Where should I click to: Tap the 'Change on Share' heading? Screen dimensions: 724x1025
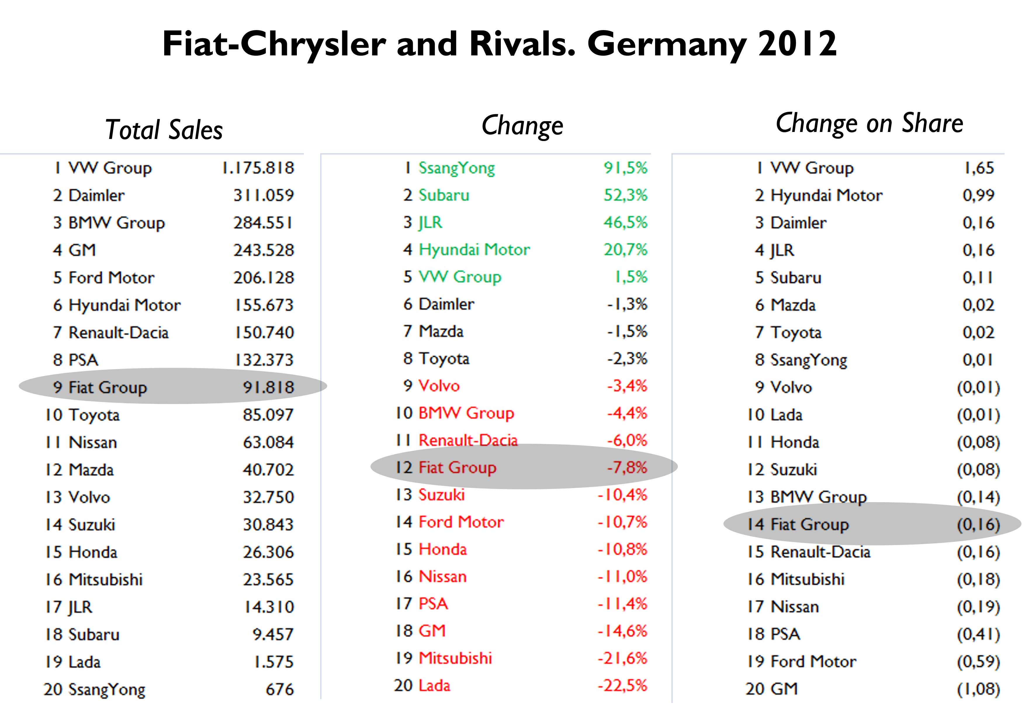click(869, 123)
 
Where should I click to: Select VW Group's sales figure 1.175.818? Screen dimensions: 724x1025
click(258, 168)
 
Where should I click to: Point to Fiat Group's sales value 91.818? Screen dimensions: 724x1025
click(268, 387)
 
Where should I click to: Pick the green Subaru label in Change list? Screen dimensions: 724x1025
click(444, 195)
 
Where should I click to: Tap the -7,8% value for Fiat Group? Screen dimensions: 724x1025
click(627, 467)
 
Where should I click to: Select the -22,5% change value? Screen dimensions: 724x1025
click(622, 685)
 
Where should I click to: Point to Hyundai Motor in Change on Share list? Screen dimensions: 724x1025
click(826, 195)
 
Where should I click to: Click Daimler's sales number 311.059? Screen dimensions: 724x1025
click(263, 195)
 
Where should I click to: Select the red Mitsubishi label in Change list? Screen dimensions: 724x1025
click(455, 658)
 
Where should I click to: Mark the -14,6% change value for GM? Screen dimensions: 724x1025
click(622, 631)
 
